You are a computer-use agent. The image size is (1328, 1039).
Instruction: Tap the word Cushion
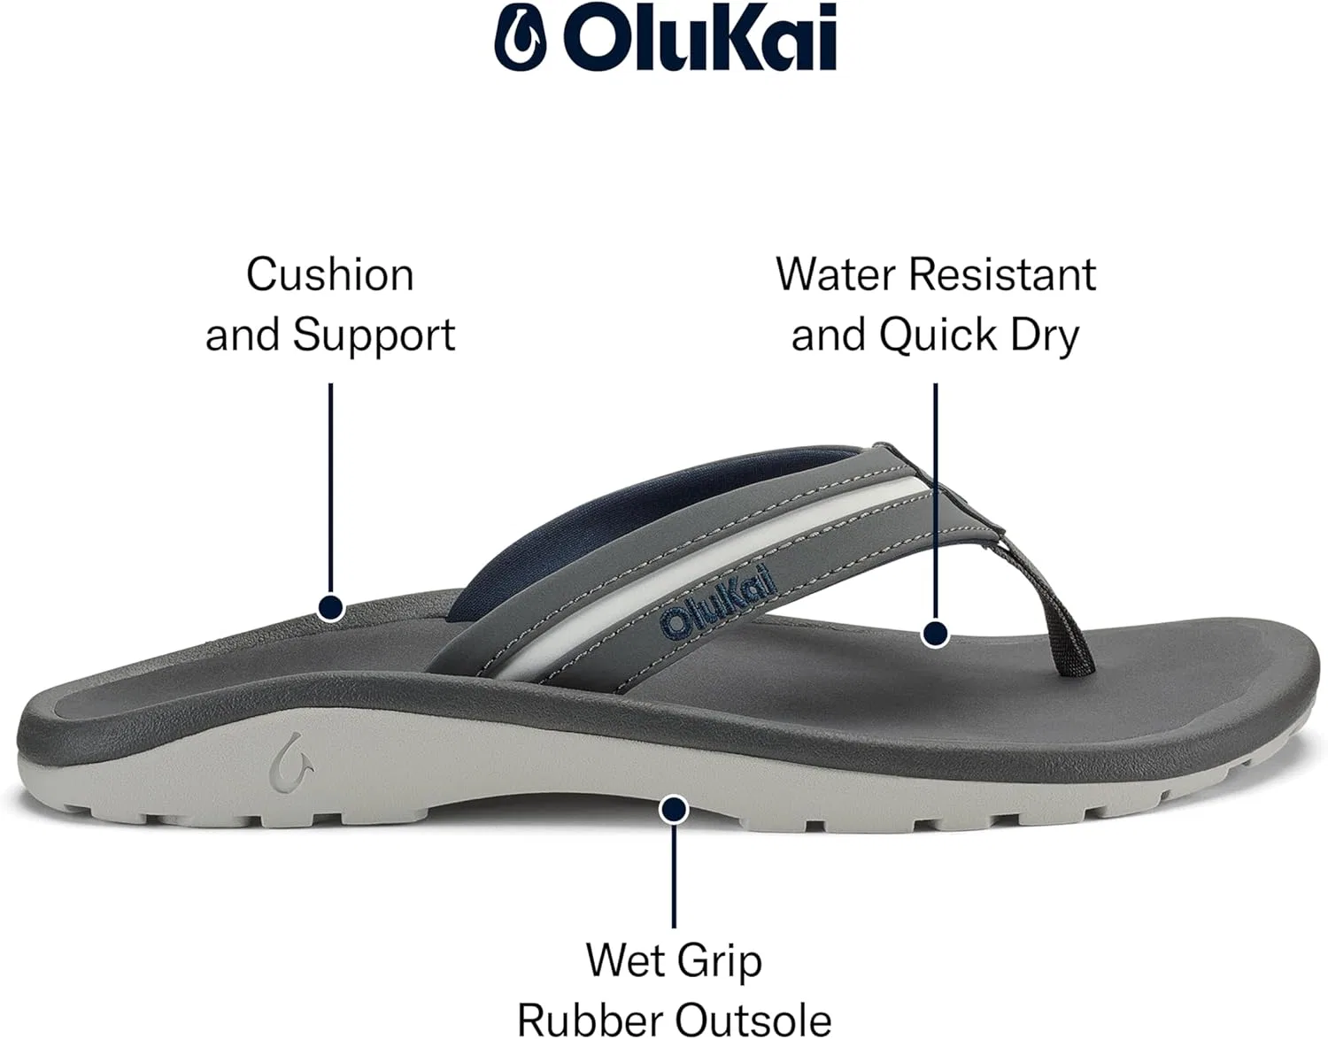tap(330, 275)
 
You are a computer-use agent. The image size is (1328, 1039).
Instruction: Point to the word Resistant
tap(1002, 275)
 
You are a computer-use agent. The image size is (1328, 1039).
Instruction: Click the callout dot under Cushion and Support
tap(331, 608)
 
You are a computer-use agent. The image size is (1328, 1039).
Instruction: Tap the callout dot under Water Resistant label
tap(935, 634)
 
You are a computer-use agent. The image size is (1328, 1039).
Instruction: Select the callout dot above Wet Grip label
tap(674, 810)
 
